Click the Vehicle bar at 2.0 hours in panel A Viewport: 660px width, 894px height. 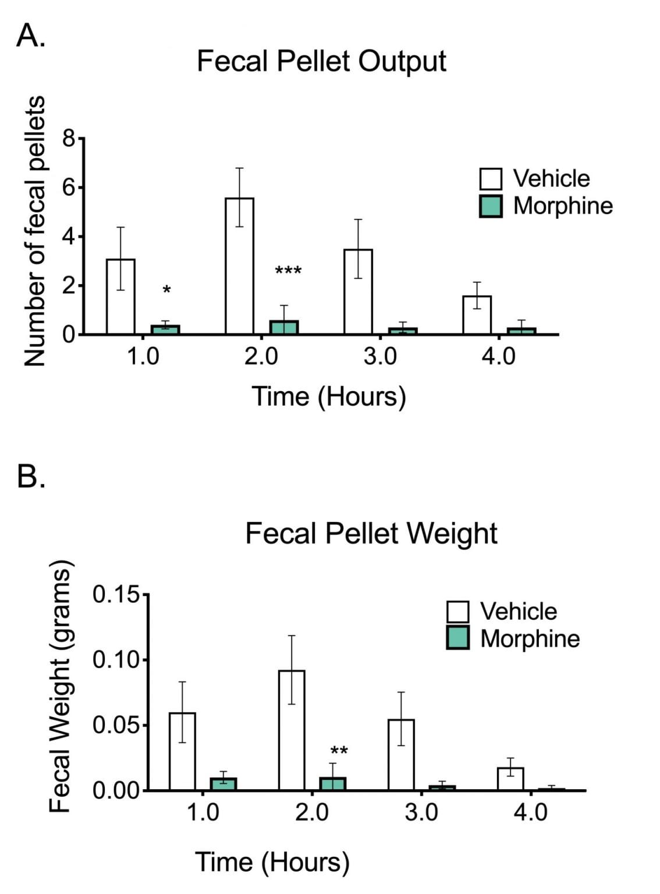(239, 266)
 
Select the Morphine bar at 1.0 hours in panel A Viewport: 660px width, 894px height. (165, 329)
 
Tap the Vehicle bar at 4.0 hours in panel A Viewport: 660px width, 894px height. (477, 315)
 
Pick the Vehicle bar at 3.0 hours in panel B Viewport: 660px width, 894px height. (401, 755)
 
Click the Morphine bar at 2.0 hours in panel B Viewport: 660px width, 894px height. (333, 783)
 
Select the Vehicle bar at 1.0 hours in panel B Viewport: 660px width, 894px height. (182, 751)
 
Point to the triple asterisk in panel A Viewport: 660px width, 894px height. (288, 271)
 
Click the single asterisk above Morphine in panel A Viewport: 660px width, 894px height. (166, 290)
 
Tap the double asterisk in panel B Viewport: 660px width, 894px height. (339, 751)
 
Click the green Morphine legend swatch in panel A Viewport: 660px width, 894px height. (491, 206)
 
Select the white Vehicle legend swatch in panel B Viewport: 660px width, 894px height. (458, 612)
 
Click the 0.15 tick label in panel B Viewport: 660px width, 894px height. (116, 595)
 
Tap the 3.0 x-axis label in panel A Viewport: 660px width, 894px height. (379, 356)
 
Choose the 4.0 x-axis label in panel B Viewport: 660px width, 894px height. (530, 812)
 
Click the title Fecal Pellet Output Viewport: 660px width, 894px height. (321, 61)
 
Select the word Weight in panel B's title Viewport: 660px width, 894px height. (452, 533)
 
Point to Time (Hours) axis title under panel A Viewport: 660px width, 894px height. (329, 397)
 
